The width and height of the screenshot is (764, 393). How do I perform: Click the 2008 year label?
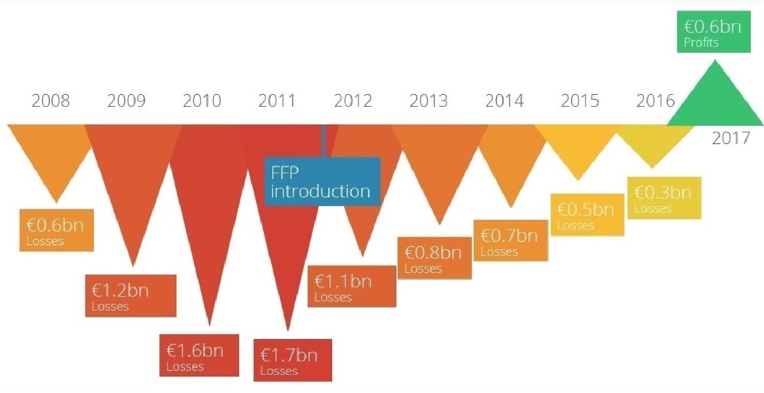click(x=50, y=101)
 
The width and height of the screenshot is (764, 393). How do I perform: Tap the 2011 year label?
click(x=277, y=101)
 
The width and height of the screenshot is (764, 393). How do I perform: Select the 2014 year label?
click(x=504, y=101)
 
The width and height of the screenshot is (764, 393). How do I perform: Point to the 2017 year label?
click(x=731, y=138)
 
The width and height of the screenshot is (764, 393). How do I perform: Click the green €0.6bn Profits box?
click(x=713, y=32)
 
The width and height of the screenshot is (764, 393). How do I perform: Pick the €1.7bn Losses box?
click(x=292, y=360)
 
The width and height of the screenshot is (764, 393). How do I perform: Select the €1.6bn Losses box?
click(x=199, y=355)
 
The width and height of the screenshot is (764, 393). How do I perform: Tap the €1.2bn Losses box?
click(x=130, y=295)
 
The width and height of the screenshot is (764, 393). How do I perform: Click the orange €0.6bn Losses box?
click(x=56, y=230)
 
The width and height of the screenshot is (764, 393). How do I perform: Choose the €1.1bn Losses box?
click(x=352, y=286)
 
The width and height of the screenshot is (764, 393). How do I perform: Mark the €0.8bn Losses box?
click(x=434, y=258)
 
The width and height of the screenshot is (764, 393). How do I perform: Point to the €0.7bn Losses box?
click(x=510, y=240)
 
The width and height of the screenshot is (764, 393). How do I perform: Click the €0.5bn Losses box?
click(x=587, y=214)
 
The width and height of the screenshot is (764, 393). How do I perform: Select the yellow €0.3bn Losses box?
click(x=664, y=197)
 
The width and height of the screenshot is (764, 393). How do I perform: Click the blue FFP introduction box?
click(x=322, y=181)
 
